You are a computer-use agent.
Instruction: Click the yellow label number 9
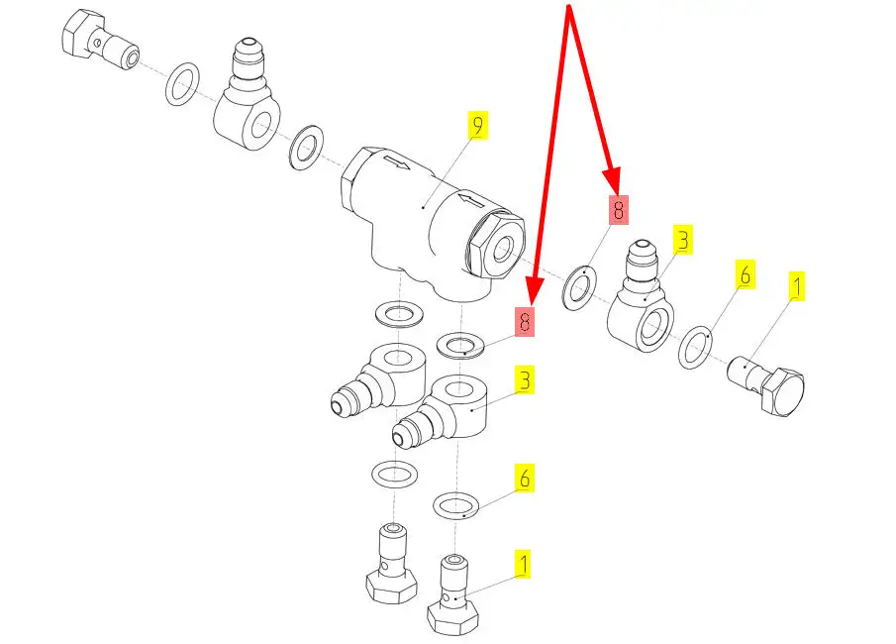pyautogui.click(x=478, y=125)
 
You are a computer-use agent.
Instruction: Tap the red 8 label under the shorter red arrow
pyautogui.click(x=618, y=210)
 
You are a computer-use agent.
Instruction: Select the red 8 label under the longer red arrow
pyautogui.click(x=525, y=322)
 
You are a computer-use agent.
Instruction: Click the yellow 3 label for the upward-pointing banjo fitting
pyautogui.click(x=683, y=240)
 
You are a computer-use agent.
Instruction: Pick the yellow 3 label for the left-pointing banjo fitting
pyautogui.click(x=524, y=380)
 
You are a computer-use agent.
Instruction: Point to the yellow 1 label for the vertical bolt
pyautogui.click(x=523, y=564)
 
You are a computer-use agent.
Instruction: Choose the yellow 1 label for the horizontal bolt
pyautogui.click(x=796, y=286)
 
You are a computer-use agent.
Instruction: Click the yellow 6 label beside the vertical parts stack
pyautogui.click(x=524, y=479)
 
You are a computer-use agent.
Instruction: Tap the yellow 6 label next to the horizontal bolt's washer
pyautogui.click(x=746, y=275)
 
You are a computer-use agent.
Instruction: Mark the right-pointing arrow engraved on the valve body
pyautogui.click(x=397, y=163)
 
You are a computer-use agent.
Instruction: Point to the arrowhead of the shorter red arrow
pyautogui.click(x=613, y=179)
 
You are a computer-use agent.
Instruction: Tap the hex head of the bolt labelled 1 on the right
pyautogui.click(x=783, y=391)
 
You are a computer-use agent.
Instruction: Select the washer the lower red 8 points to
pyautogui.click(x=460, y=346)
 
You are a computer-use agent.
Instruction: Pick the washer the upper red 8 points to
pyautogui.click(x=579, y=288)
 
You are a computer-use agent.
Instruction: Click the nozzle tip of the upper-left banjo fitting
pyautogui.click(x=248, y=45)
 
